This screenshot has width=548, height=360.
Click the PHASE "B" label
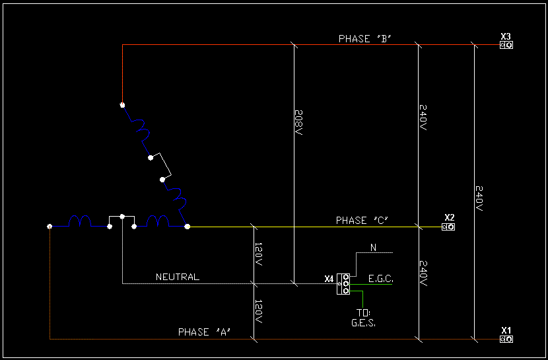click(365, 39)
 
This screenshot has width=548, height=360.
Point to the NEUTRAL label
click(177, 277)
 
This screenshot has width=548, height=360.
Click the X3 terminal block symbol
click(506, 46)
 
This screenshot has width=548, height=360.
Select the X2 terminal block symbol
click(448, 227)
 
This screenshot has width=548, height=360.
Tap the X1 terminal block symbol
click(506, 340)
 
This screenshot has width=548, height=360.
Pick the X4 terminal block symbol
click(343, 284)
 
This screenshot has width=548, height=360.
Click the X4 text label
click(329, 279)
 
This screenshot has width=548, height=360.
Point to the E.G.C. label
click(380, 279)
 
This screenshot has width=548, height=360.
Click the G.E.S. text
click(362, 323)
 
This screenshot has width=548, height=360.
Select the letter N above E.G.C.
click(373, 248)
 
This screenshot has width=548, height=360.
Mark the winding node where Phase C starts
click(188, 227)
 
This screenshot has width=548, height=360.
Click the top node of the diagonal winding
click(122, 104)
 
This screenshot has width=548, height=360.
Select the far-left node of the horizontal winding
click(50, 227)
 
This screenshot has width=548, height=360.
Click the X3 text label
click(506, 36)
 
